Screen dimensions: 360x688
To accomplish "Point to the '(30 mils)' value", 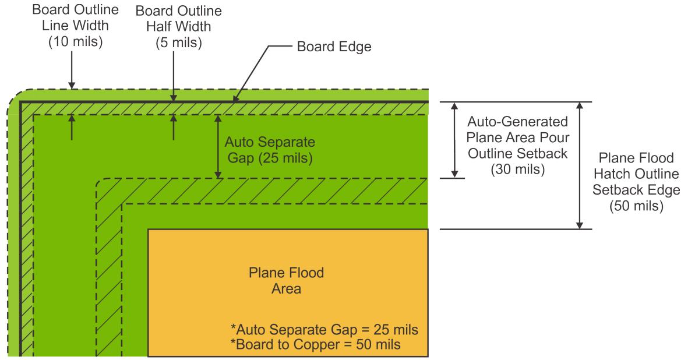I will (x=518, y=170).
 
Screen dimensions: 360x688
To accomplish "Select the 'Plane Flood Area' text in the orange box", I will (x=286, y=280).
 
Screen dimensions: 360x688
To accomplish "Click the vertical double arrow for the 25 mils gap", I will (x=218, y=146).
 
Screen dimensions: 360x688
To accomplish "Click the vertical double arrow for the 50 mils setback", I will (x=578, y=165).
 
